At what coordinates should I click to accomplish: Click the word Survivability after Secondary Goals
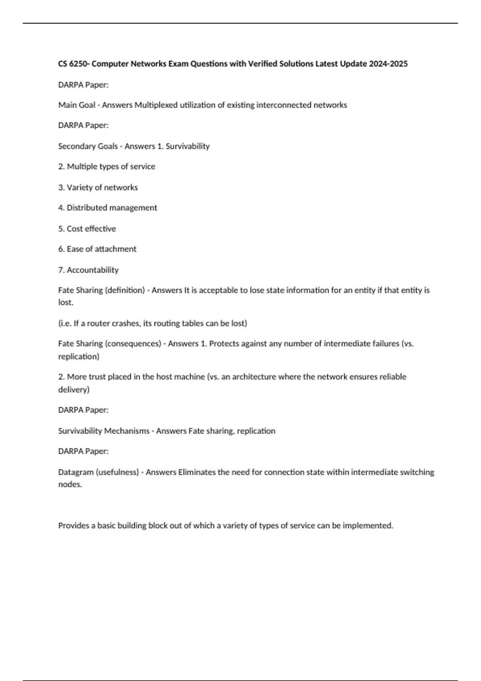tap(188, 146)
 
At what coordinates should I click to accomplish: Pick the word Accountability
tap(93, 270)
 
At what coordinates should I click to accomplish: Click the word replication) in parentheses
tap(79, 357)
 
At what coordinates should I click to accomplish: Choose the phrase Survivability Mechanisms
tap(104, 431)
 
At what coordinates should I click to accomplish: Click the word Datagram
tap(76, 472)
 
